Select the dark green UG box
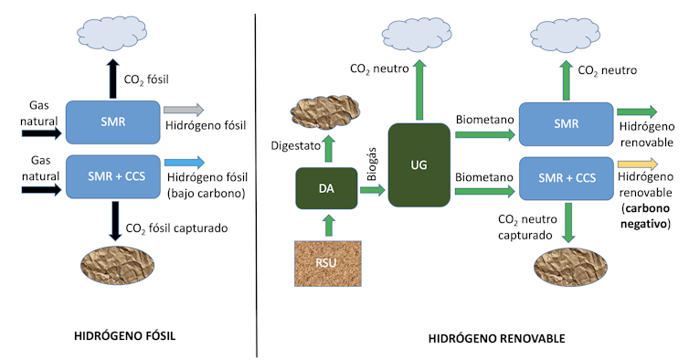pos(420,165)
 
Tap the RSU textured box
pos(326,261)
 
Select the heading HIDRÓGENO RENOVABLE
pos(496,339)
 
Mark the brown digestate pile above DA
pos(326,113)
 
